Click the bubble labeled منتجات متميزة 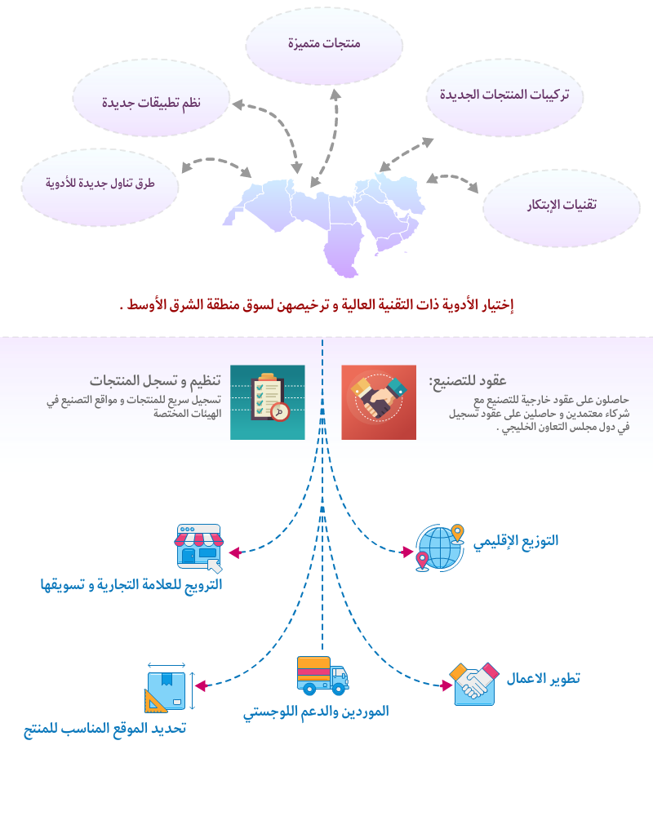click(324, 44)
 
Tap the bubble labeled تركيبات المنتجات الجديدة click(504, 95)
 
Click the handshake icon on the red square click(378, 401)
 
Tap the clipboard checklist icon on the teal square click(268, 401)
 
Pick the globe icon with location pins click(440, 547)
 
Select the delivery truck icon click(322, 676)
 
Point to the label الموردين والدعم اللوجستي click(316, 712)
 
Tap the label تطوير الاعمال click(544, 679)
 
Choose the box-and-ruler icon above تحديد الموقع click(168, 687)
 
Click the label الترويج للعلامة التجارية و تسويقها click(131, 584)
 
